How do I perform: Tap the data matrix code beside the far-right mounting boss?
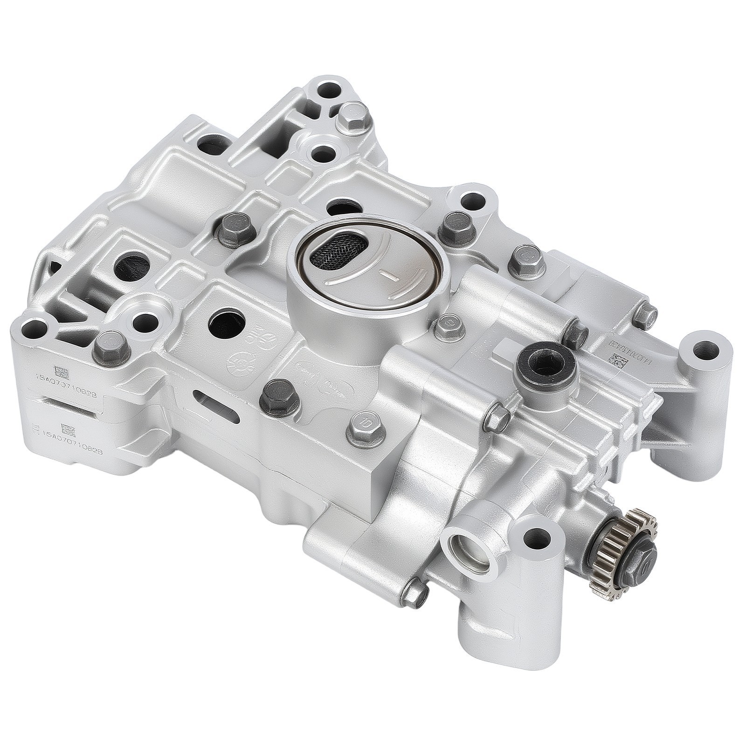tap(617, 360)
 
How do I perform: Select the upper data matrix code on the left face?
tap(62, 372)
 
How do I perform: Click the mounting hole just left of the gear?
tap(537, 539)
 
